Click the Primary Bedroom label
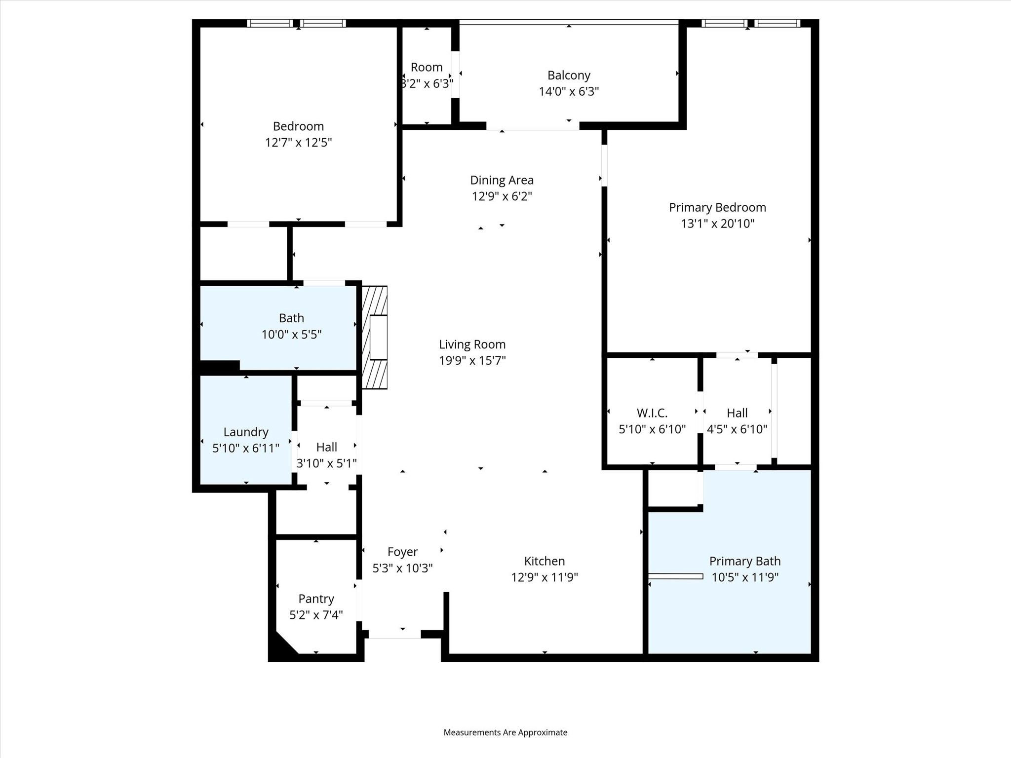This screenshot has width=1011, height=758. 717,207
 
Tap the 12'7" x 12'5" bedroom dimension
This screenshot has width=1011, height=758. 298,143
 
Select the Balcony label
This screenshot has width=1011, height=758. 569,76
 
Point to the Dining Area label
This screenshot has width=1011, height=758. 502,180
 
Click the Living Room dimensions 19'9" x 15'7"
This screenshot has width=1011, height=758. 472,361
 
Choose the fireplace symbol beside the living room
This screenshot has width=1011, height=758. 375,337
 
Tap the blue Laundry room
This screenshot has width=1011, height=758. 246,429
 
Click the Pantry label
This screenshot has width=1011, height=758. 316,599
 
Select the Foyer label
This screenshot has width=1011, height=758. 402,552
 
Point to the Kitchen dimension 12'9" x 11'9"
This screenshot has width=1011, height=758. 544,577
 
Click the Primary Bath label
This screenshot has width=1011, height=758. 745,561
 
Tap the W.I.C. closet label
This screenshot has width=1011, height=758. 652,413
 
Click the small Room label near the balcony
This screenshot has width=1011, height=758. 427,67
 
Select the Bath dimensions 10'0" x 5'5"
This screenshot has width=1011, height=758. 291,335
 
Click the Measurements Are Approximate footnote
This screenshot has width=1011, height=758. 505,732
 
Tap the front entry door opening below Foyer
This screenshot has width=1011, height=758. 394,635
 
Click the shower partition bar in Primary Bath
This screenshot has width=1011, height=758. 675,576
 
